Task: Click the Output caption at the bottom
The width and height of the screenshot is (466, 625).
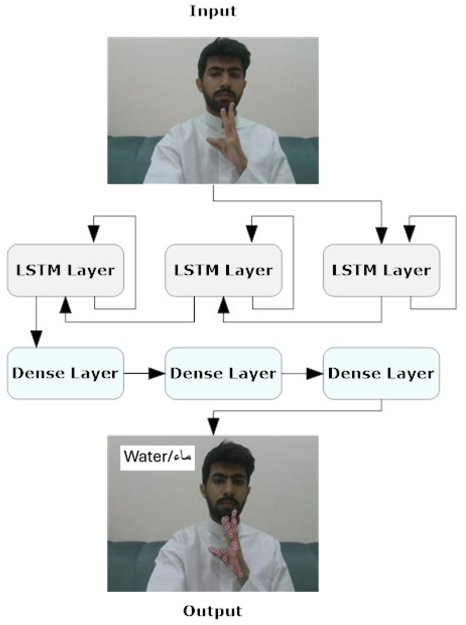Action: [212, 611]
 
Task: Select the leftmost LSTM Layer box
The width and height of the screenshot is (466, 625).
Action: [65, 270]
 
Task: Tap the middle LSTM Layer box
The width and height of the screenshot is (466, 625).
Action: [223, 270]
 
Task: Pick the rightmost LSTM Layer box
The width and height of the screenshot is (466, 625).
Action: [381, 270]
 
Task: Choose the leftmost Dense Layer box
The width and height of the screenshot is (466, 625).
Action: [65, 373]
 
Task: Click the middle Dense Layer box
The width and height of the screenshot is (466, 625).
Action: [223, 373]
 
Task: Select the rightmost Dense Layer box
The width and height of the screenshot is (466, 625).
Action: [381, 373]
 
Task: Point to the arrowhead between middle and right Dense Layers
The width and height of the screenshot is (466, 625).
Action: [315, 373]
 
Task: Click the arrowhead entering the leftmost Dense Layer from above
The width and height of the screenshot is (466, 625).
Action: [36, 338]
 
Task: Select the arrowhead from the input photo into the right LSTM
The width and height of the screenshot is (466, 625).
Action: [382, 235]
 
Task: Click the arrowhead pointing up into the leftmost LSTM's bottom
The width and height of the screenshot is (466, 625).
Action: [65, 306]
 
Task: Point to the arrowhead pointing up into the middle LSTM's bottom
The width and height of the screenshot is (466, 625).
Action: [223, 306]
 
